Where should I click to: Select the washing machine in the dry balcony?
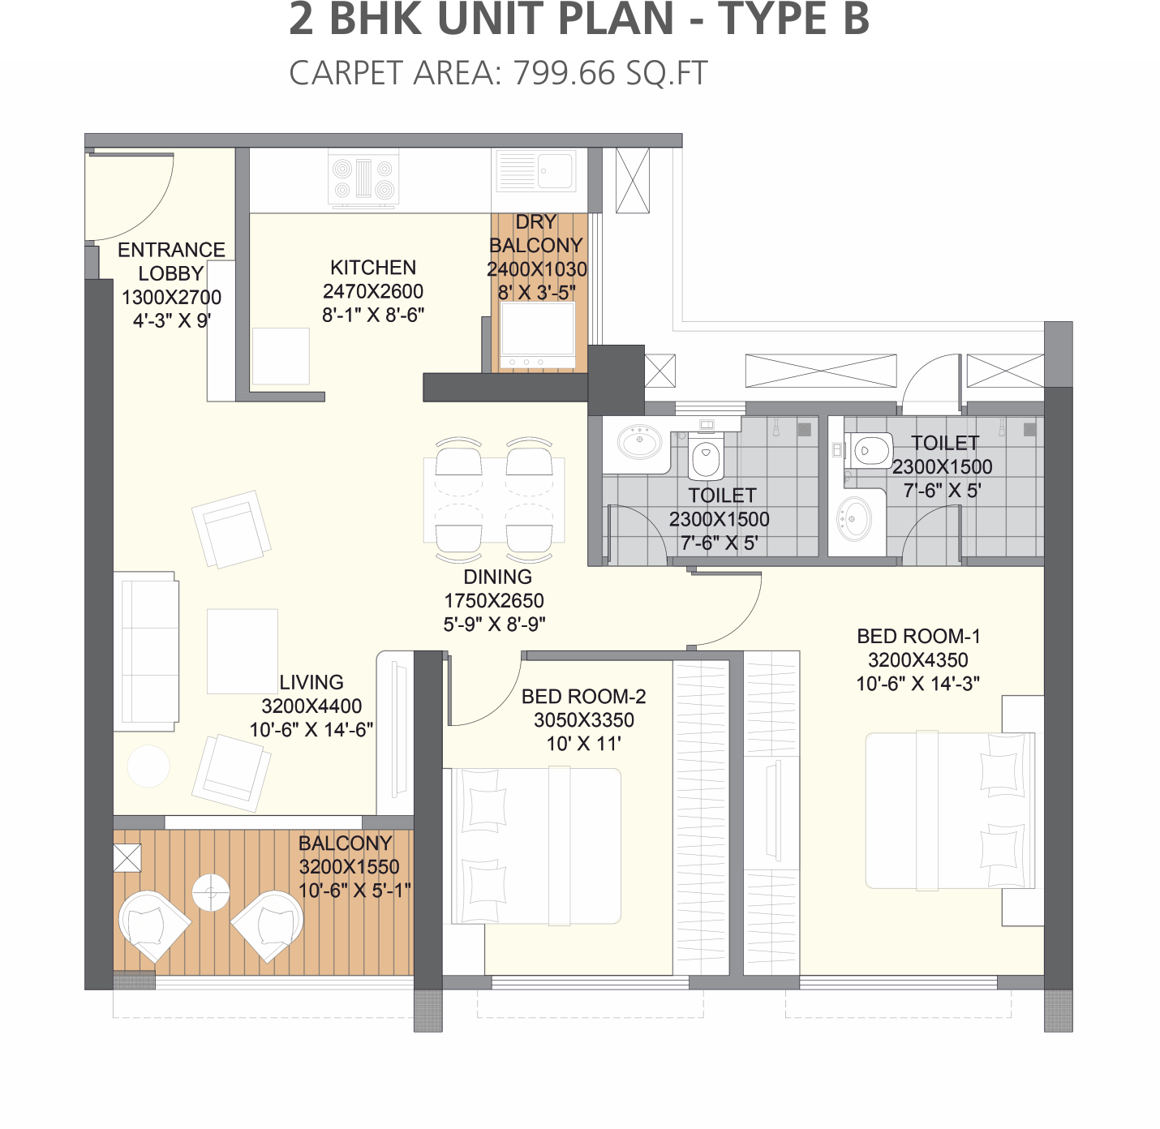pos(538,337)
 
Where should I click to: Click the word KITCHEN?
pos(373,268)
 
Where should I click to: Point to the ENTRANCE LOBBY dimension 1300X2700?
pos(172,297)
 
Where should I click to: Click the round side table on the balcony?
pos(211,892)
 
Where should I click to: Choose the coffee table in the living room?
pos(243,651)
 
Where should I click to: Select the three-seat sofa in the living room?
pos(146,651)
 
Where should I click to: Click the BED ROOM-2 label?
pos(583,696)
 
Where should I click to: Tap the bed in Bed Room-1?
pos(950,811)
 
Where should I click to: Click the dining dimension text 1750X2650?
pos(494,600)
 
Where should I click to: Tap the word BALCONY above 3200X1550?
pos(345,843)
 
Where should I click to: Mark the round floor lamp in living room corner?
pos(148,766)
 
